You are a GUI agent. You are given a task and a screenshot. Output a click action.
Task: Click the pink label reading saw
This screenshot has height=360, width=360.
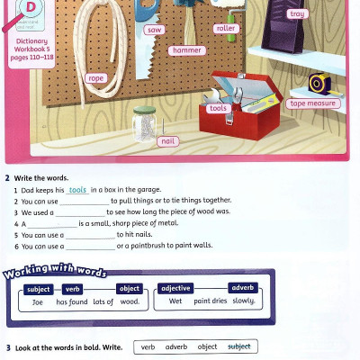(153, 30)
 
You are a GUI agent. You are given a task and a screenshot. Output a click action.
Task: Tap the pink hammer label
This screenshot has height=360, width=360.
(187, 50)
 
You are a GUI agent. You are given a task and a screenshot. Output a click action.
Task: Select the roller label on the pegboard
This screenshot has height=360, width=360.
(226, 29)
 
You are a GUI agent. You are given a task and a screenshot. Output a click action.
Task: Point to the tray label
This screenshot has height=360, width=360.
(297, 14)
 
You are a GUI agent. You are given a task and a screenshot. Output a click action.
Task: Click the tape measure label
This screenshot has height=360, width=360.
(312, 103)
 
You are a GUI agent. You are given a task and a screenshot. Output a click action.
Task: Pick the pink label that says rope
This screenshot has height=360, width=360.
(95, 78)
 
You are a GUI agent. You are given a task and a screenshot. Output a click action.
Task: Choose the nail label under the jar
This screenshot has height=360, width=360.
(166, 140)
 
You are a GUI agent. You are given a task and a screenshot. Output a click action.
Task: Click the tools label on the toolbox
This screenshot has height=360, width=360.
(218, 108)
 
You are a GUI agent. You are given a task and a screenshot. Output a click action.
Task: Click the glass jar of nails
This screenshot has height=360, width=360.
(143, 122)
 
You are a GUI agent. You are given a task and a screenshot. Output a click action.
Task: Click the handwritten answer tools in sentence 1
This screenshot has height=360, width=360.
(77, 190)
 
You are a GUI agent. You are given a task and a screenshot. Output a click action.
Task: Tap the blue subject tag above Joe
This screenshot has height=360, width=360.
(39, 289)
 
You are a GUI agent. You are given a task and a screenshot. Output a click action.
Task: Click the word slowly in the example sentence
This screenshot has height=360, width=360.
(243, 301)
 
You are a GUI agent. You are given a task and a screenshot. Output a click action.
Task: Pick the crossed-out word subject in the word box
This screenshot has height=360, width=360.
(239, 346)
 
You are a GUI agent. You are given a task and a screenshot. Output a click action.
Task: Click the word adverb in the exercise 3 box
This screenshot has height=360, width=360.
(176, 346)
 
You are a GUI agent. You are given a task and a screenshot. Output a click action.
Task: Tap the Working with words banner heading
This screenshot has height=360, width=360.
(56, 273)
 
